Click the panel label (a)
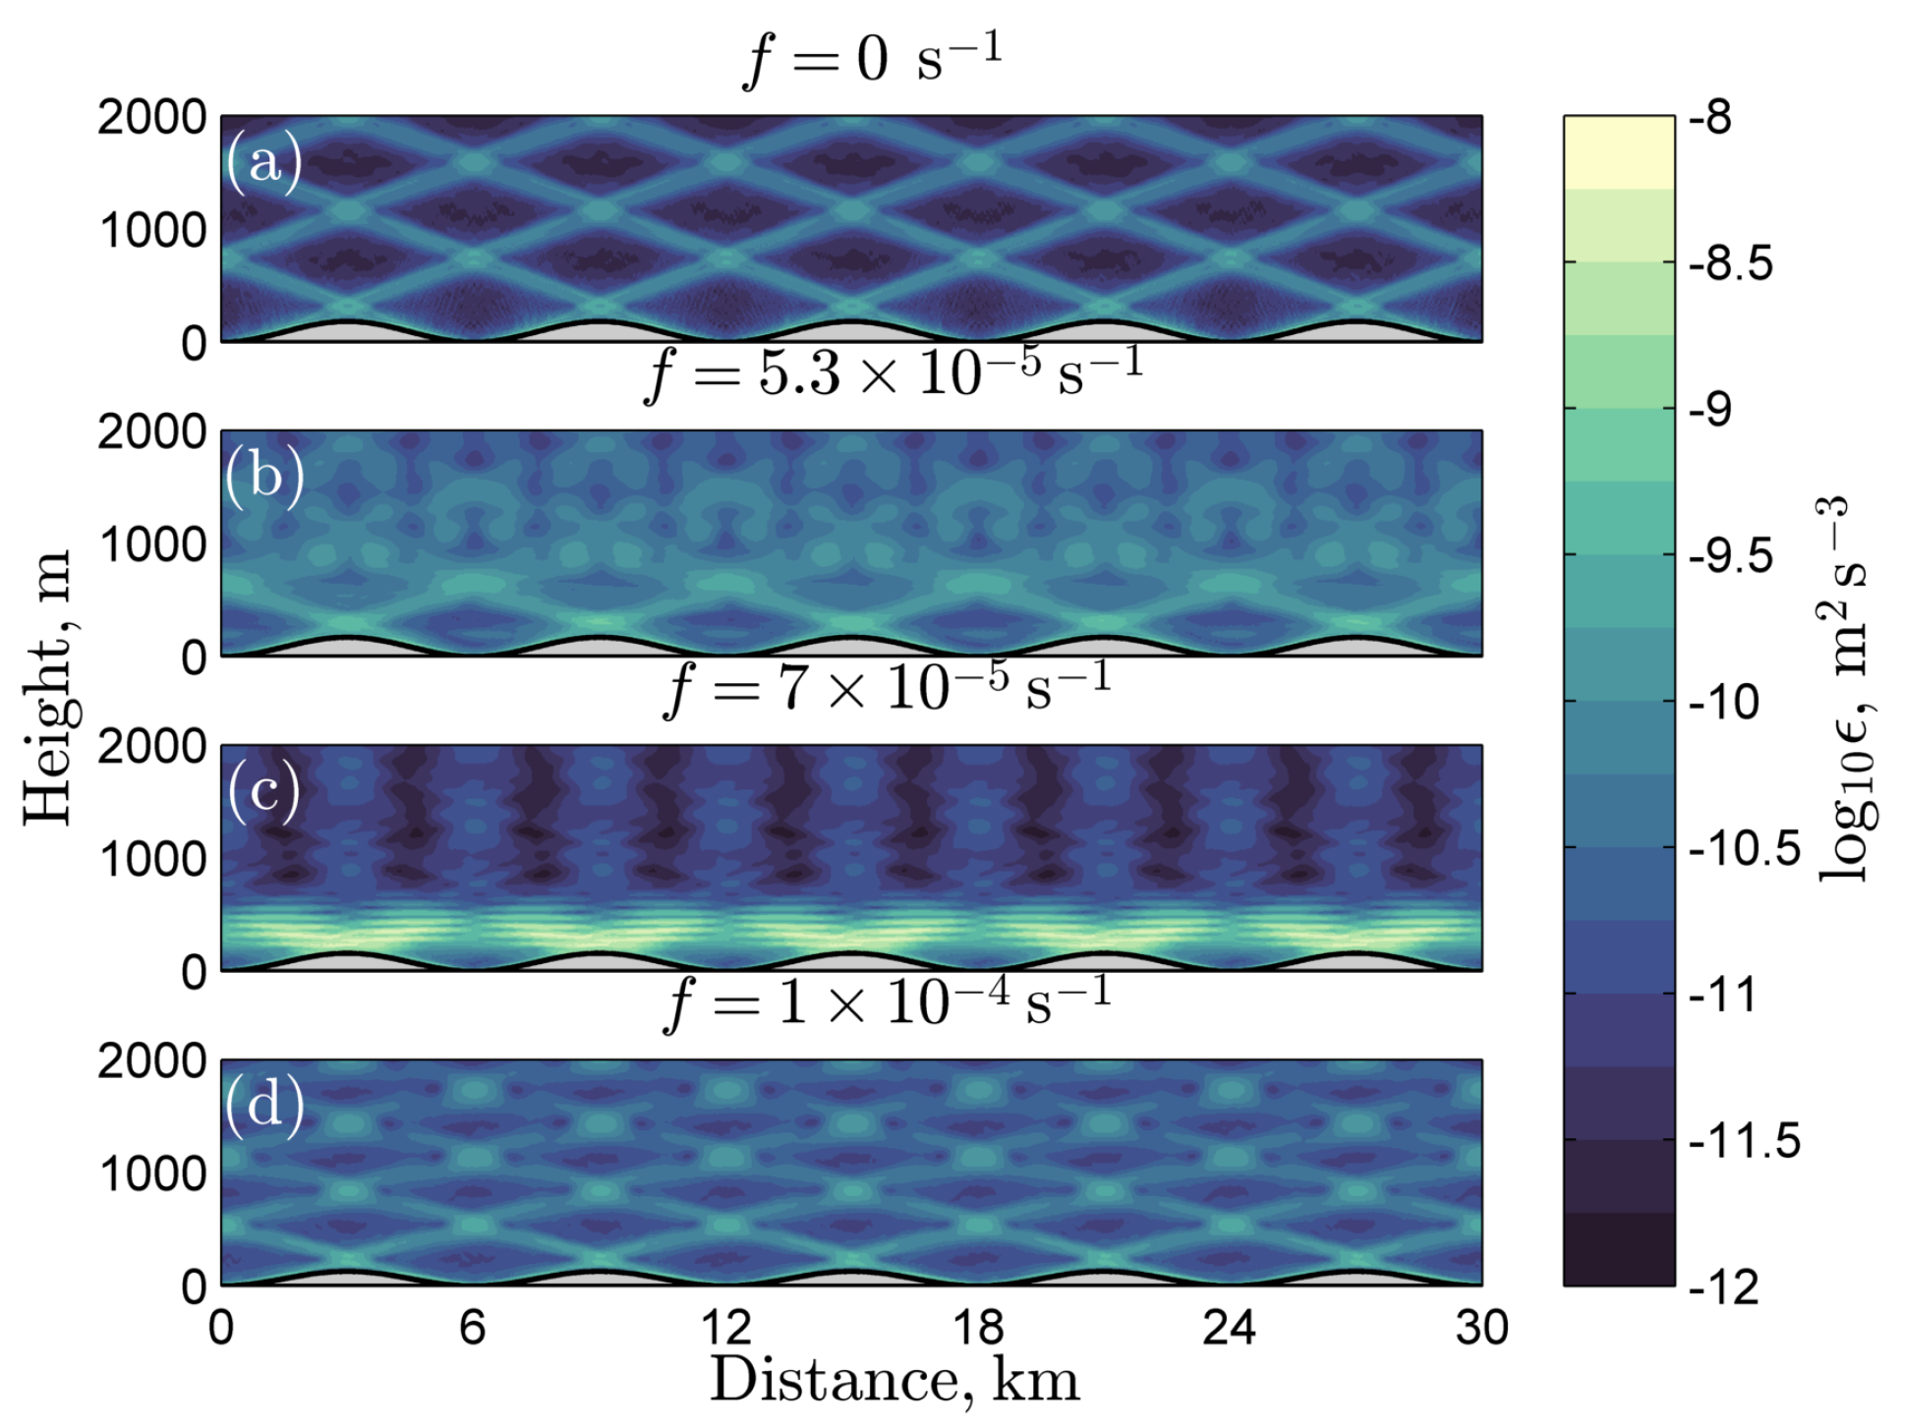point(263,161)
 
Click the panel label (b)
point(263,476)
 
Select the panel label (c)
point(263,791)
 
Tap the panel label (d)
point(263,1106)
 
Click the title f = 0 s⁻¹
point(871,59)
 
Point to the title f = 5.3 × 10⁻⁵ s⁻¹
point(893,373)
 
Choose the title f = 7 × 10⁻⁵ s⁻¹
point(888,688)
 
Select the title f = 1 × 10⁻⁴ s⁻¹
point(888,1002)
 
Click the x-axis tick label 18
point(977,1329)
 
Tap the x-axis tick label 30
point(1480,1329)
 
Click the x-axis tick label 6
point(473,1329)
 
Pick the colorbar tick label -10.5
point(1744,848)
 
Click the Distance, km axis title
point(895,1381)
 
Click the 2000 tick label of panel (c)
point(151,748)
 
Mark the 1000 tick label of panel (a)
point(151,232)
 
